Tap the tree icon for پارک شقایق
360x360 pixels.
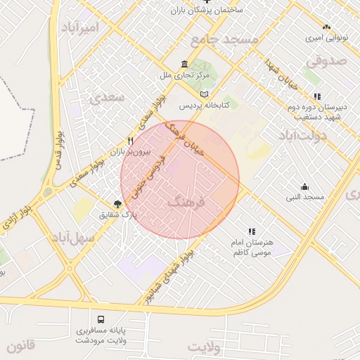point(127,203)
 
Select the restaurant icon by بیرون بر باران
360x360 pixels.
point(129,141)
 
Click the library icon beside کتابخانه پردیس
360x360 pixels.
point(205,94)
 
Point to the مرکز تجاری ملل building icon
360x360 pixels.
point(184,64)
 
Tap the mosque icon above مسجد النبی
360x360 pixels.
point(304,186)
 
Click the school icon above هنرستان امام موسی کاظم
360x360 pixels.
point(251,231)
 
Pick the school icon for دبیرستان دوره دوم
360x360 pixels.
point(318,96)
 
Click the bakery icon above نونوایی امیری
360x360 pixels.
point(326,26)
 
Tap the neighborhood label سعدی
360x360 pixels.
point(108,97)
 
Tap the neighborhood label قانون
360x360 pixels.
point(20,347)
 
